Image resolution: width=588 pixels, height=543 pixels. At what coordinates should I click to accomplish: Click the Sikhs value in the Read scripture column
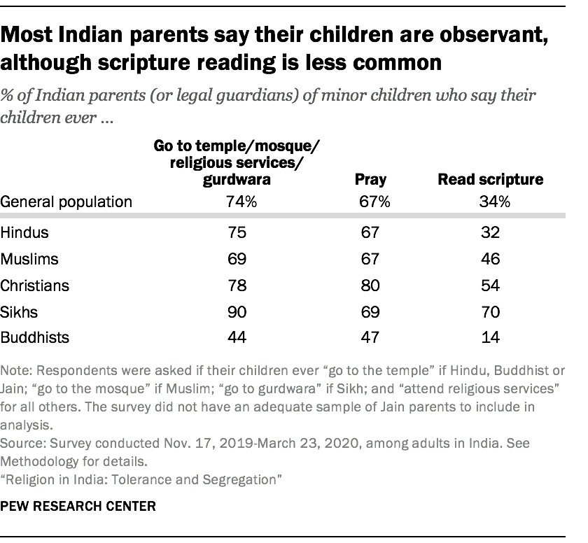coord(490,311)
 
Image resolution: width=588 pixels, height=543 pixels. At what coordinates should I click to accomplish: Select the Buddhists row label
coord(35,338)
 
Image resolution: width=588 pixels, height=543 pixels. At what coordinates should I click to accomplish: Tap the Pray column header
coord(370,179)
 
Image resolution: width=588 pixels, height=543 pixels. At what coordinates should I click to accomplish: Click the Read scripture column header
coord(490,179)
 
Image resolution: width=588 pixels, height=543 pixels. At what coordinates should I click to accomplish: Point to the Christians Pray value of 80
coord(370,285)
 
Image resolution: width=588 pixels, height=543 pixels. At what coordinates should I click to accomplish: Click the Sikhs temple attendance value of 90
coord(237,311)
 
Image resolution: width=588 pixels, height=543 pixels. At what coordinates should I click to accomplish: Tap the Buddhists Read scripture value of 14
coord(490,338)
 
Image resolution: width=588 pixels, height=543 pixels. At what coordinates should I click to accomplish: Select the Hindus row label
coord(26,232)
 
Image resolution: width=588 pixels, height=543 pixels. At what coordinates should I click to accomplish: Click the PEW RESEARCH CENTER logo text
coord(78,505)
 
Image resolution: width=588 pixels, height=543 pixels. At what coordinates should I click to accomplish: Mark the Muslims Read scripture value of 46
coord(490,259)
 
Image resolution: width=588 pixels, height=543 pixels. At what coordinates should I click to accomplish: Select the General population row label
coord(66,202)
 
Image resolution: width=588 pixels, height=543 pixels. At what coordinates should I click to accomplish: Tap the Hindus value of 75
coord(237,232)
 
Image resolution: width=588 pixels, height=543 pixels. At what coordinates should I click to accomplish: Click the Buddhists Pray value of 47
coord(370,338)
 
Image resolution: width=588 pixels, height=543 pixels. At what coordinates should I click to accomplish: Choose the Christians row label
coord(36,285)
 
